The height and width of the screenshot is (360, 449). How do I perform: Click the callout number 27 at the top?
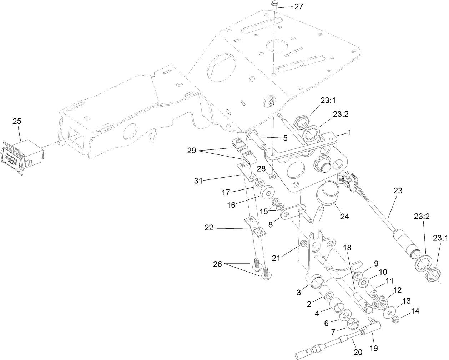[298, 7]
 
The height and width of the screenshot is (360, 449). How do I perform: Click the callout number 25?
[17, 121]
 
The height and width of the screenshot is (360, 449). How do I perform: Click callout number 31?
[198, 181]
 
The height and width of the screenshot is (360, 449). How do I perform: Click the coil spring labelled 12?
[382, 302]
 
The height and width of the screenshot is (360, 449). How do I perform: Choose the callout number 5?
[285, 137]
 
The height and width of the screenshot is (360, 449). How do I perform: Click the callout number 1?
[350, 132]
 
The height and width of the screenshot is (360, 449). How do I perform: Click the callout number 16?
[232, 205]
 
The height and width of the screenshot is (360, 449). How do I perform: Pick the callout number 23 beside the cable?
[398, 191]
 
